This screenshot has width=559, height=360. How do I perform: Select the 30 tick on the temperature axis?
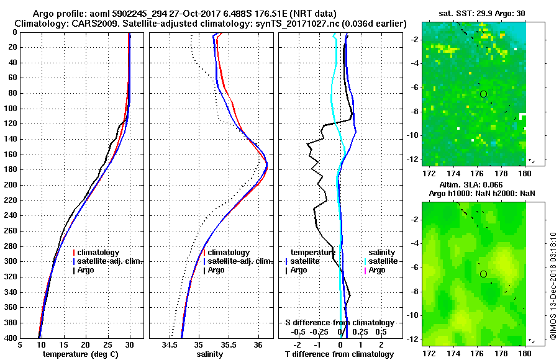(x=130, y=345)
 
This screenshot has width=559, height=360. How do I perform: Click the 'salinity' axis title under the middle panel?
(x=209, y=354)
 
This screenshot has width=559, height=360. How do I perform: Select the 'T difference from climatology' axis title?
(x=339, y=354)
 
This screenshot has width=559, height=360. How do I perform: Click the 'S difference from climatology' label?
(x=339, y=323)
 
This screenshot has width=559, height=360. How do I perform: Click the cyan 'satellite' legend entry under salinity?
(x=381, y=261)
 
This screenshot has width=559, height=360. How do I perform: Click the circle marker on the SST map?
(x=483, y=94)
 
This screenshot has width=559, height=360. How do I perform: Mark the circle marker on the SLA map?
(x=483, y=274)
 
